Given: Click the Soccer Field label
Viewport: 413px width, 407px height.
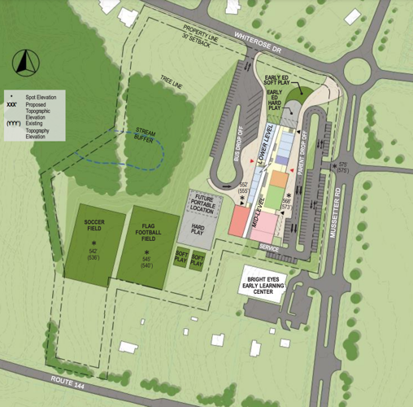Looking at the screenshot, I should (x=93, y=225).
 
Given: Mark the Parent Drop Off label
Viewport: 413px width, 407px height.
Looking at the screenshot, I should (x=308, y=146).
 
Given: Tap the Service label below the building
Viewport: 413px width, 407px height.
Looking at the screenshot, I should (x=267, y=245).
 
